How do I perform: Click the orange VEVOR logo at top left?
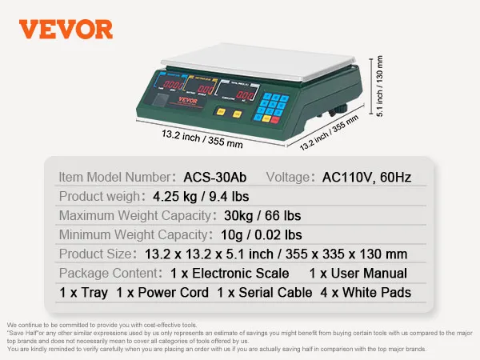click(x=66, y=30)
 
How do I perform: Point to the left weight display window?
click(x=171, y=85)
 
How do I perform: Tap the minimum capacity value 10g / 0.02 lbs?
click(x=258, y=234)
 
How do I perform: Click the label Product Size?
click(x=95, y=254)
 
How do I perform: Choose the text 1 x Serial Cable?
click(x=265, y=293)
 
